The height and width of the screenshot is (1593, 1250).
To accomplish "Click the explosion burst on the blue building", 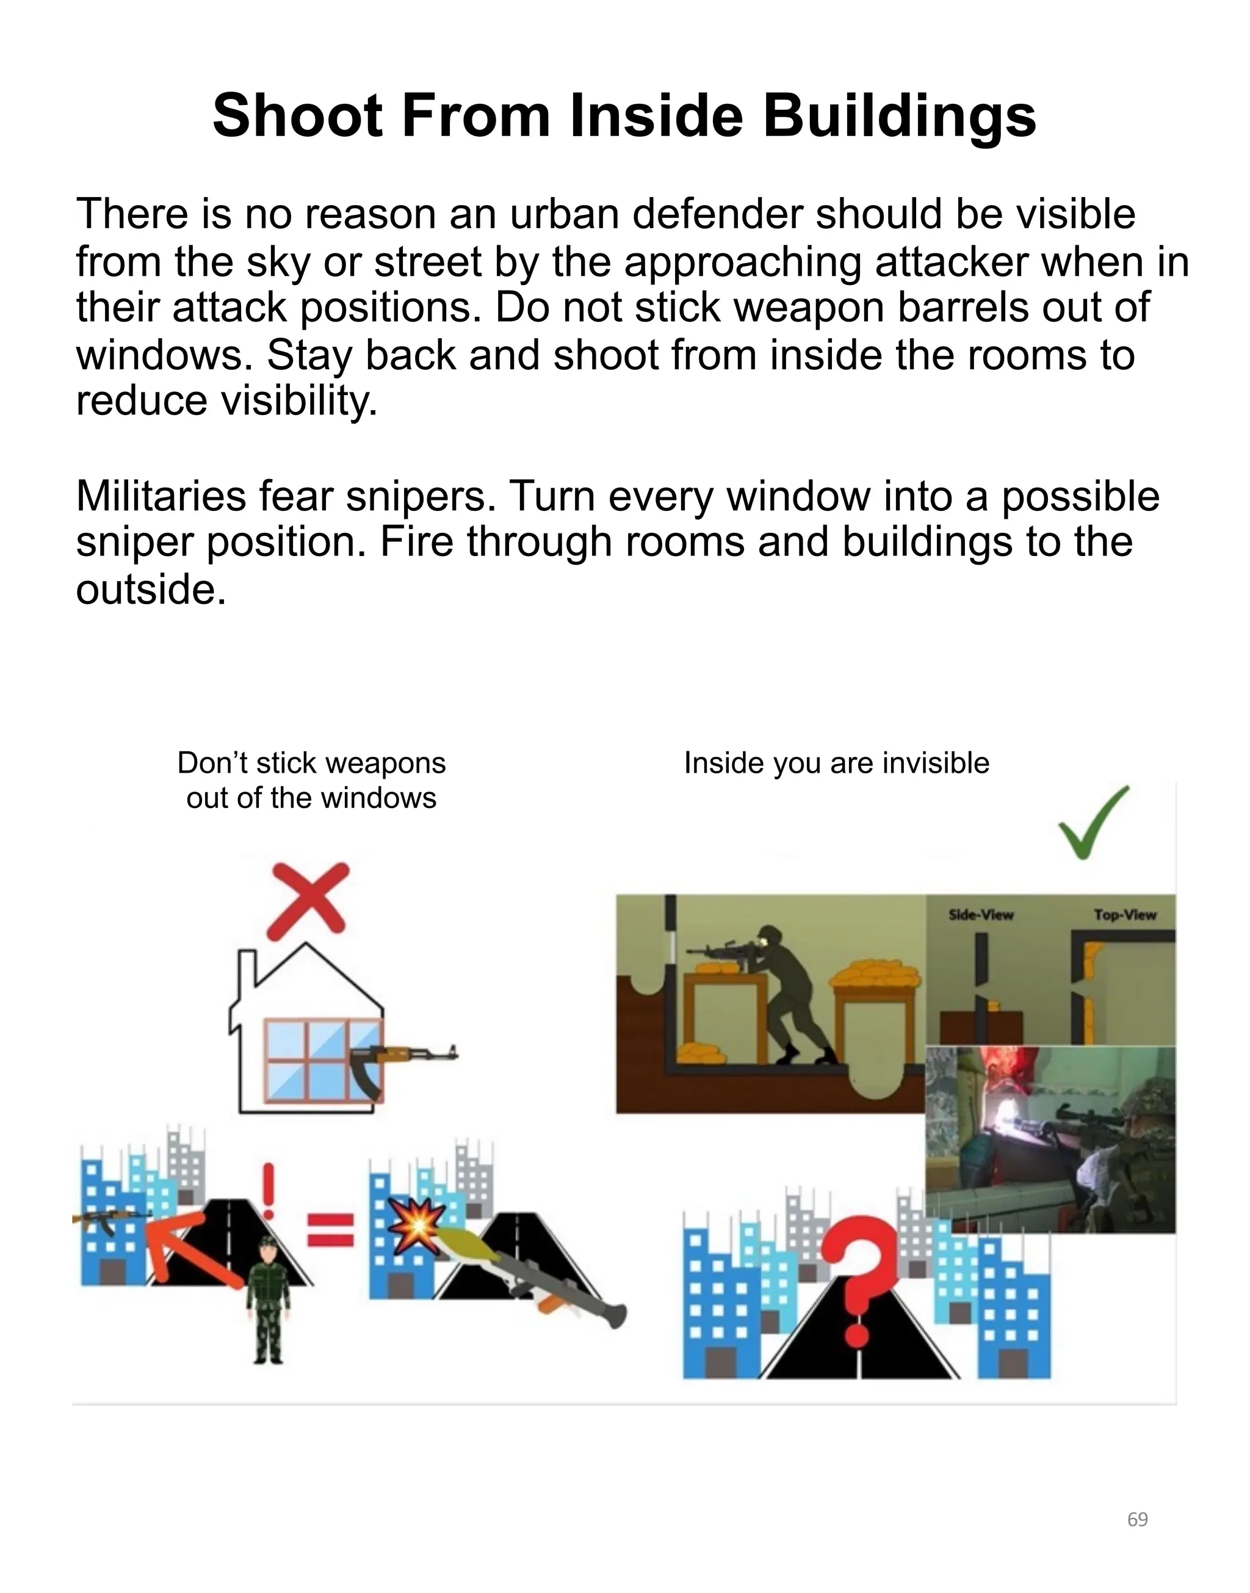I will coord(416,1224).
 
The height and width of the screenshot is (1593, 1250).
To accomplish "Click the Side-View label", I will coord(980,915).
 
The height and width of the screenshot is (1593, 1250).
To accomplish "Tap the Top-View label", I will coord(1125,915).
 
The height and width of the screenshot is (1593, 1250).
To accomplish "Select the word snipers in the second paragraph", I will coord(415,497).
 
